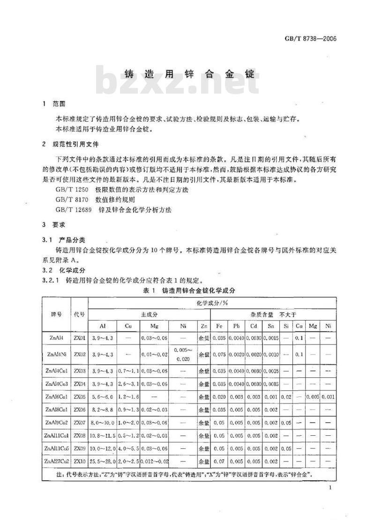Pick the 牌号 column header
coord(56,314)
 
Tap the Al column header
coord(102,326)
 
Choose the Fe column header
coord(220,326)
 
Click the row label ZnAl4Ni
coord(56,354)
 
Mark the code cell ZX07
coord(79,423)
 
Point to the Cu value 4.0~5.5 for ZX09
coord(128,449)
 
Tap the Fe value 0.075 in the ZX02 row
coord(220,354)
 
